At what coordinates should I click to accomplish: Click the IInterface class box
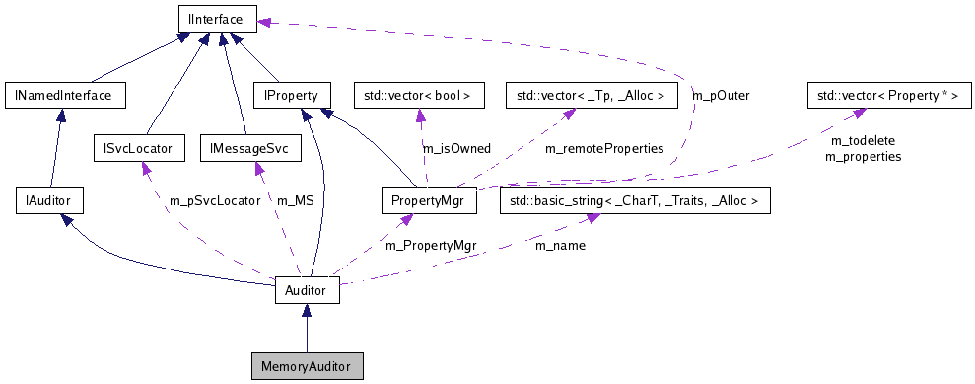click(218, 17)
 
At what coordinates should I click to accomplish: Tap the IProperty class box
click(285, 96)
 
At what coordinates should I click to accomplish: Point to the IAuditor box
click(49, 201)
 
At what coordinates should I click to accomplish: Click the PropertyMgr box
click(429, 201)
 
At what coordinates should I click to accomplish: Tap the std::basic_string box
click(635, 201)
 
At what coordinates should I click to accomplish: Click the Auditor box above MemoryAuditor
click(307, 291)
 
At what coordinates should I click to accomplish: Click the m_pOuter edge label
click(721, 96)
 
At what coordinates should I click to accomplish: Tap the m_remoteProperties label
click(603, 148)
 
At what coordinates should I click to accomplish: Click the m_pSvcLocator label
click(215, 200)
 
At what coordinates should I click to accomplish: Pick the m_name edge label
click(560, 244)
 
